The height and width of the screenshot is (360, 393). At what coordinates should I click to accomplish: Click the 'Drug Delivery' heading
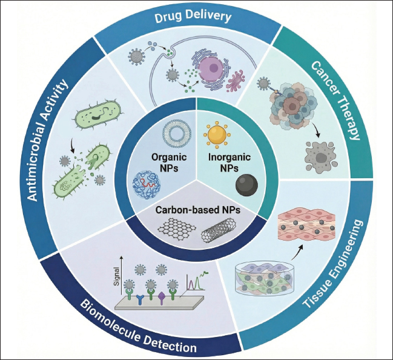click(193, 17)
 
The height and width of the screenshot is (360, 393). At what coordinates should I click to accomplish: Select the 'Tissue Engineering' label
click(333, 264)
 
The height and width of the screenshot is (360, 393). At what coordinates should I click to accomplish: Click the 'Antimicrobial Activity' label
click(47, 140)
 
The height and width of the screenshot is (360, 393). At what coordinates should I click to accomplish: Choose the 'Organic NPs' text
click(169, 162)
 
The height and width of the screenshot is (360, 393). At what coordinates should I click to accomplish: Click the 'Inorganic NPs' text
click(230, 162)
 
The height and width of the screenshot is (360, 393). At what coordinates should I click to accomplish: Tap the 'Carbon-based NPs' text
click(198, 210)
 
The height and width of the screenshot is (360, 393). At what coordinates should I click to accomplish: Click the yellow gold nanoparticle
click(217, 134)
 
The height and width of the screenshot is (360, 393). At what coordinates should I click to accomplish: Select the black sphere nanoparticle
click(246, 185)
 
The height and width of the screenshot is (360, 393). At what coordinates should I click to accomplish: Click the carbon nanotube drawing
click(219, 230)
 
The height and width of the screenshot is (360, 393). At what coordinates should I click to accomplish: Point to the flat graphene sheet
click(177, 227)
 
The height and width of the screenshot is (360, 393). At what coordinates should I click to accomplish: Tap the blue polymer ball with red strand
click(147, 185)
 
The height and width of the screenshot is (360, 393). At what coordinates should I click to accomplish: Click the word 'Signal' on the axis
click(116, 276)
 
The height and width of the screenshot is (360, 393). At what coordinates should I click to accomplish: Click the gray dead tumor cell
click(320, 158)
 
